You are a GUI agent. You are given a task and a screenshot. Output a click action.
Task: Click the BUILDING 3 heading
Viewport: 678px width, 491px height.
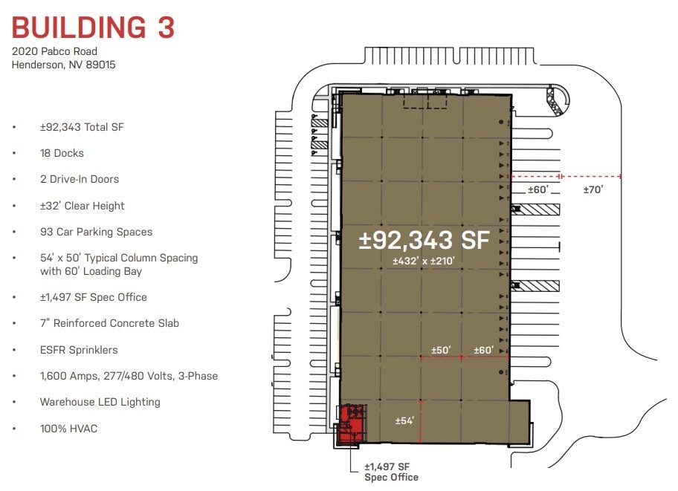click(93, 27)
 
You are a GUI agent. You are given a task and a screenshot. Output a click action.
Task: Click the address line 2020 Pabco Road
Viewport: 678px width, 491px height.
click(54, 52)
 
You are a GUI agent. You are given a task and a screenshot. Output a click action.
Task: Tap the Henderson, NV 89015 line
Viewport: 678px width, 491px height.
click(63, 65)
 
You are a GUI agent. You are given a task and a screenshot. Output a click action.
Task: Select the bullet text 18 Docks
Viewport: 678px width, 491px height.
click(62, 153)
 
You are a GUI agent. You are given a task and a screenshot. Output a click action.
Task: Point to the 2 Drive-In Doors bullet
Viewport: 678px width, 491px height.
click(80, 179)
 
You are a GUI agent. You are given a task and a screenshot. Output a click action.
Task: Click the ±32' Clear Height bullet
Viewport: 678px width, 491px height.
click(83, 206)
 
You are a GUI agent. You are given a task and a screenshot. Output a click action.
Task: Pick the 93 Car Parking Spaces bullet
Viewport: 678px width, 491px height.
click(96, 232)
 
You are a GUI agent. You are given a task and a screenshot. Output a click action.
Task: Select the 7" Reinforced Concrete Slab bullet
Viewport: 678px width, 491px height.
click(109, 323)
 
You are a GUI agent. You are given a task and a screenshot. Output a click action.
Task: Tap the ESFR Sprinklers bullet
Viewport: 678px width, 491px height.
click(79, 350)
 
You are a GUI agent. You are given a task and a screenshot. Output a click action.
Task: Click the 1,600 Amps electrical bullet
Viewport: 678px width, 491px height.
click(129, 376)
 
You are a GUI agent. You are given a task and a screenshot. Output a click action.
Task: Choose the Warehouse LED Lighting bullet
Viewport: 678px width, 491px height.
click(100, 402)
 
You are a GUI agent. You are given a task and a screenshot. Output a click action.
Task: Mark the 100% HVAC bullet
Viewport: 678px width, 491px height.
click(68, 429)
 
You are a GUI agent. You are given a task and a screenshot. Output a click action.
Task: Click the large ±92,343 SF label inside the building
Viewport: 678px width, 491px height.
click(424, 240)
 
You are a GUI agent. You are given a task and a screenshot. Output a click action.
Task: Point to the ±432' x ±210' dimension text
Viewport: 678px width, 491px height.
click(424, 261)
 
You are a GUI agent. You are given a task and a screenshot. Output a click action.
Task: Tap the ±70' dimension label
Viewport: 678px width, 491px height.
click(593, 189)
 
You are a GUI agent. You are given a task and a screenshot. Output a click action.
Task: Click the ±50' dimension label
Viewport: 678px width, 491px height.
click(442, 350)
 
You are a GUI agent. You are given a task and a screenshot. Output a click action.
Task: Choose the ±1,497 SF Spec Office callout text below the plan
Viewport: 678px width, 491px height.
click(391, 472)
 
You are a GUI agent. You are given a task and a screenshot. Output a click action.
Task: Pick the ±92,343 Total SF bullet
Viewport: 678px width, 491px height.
click(82, 127)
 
